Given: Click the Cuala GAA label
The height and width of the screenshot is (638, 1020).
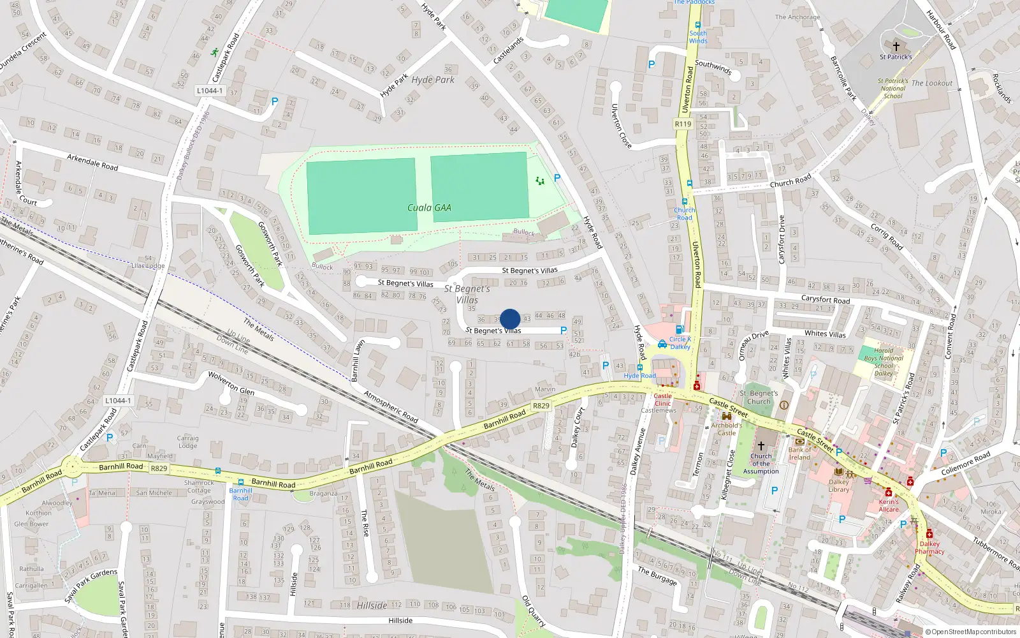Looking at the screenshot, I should click(x=429, y=207).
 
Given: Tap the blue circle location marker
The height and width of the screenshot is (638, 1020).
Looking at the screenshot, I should click(x=510, y=319).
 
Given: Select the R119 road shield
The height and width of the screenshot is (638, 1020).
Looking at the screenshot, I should click(x=683, y=124).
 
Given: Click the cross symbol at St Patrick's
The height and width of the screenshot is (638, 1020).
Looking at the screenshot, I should click(x=896, y=47).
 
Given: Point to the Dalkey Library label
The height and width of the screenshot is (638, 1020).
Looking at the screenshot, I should click(x=839, y=486).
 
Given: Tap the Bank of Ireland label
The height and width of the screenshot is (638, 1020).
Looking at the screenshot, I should click(x=799, y=454).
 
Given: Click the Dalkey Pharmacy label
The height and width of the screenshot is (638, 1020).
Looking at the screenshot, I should click(x=929, y=547).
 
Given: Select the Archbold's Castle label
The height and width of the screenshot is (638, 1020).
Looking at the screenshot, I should click(x=727, y=429).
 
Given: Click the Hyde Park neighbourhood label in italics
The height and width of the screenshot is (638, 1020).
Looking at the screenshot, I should click(x=433, y=80).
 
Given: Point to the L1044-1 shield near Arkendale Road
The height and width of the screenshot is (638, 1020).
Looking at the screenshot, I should click(x=210, y=91).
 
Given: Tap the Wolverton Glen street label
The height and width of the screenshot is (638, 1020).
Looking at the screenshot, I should click(x=231, y=382).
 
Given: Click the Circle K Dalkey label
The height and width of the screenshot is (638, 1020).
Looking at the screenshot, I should click(x=680, y=343).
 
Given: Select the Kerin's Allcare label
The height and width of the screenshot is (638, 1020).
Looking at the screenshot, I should click(x=889, y=505).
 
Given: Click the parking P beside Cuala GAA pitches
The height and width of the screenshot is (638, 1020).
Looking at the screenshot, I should click(x=557, y=178).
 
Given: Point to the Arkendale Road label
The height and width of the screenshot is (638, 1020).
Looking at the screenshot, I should click(x=92, y=162).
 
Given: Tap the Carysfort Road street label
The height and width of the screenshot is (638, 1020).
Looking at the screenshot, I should click(x=825, y=299).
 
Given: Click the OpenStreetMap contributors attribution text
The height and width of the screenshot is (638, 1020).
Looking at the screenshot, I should click(x=971, y=632).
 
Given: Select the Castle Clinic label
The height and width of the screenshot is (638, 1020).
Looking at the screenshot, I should click(x=662, y=399).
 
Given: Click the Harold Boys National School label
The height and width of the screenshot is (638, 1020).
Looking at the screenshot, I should click(x=884, y=362).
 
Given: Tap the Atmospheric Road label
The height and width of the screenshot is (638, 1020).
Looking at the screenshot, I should click(x=391, y=406).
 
